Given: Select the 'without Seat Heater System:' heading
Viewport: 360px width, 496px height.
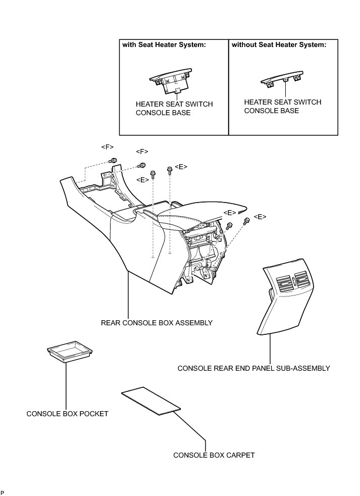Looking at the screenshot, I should click(279, 45).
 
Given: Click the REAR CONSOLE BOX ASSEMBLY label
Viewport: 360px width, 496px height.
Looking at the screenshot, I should click(157, 323).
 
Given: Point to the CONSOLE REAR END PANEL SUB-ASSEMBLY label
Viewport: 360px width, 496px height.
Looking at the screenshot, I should click(253, 368).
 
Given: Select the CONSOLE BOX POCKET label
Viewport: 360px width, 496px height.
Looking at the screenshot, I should click(67, 414).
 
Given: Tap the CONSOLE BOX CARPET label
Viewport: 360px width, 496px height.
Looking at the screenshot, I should click(214, 455).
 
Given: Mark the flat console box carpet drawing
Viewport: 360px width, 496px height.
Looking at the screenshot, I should click(151, 402).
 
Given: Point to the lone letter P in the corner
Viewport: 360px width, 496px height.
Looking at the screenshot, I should click(3, 492).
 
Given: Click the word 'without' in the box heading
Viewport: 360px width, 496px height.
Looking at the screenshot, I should click(244, 45).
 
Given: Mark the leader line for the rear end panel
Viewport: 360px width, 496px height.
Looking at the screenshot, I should click(270, 349).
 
